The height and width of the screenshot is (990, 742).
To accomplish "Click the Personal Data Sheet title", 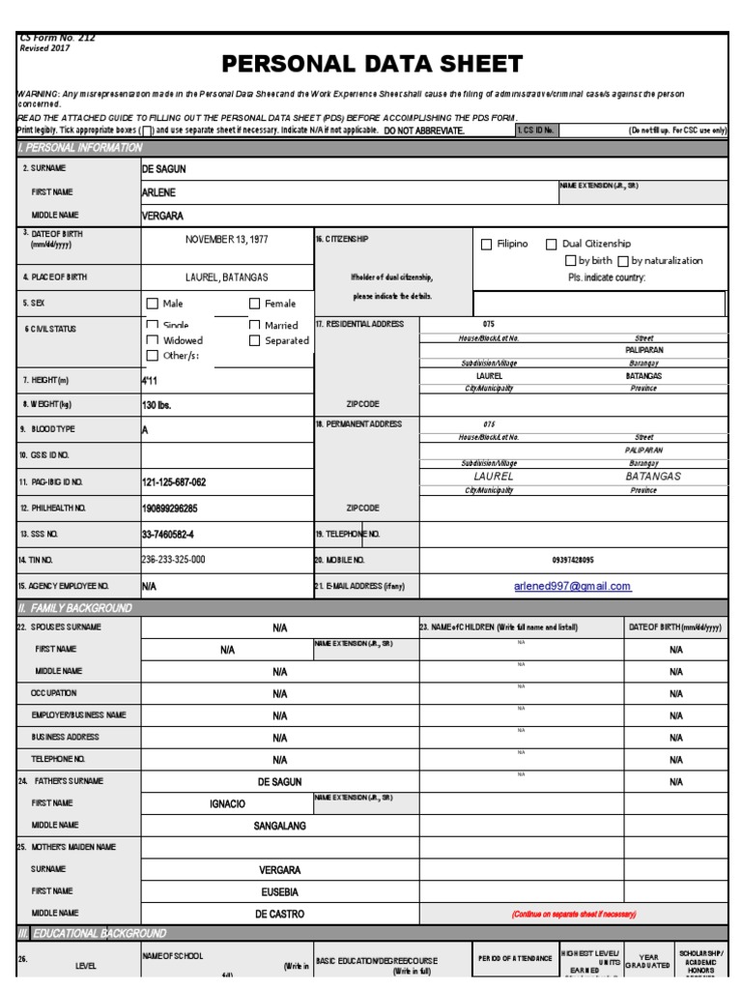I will (x=372, y=65).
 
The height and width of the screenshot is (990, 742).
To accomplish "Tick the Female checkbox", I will (x=255, y=304).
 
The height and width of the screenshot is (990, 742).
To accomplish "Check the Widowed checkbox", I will (x=153, y=340).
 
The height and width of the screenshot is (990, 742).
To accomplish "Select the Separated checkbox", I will (x=255, y=340).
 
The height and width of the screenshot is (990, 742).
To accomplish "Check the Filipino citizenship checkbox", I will (x=487, y=245).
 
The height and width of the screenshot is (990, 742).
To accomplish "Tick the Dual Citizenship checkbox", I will (x=552, y=245).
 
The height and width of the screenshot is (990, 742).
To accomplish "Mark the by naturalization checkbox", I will (x=623, y=261).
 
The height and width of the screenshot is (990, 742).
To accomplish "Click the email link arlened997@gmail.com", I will (x=573, y=586).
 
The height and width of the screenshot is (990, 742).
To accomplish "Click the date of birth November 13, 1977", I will (x=228, y=239).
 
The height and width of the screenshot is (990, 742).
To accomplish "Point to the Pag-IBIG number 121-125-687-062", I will (x=174, y=481).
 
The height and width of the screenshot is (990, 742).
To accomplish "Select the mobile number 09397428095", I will (x=573, y=560).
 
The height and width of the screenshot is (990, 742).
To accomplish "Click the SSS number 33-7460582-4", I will (x=168, y=534).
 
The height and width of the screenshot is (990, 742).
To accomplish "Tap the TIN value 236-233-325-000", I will (x=174, y=560).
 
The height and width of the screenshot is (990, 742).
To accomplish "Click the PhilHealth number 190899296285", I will (x=170, y=508).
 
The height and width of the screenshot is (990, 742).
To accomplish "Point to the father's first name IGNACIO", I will (x=227, y=804).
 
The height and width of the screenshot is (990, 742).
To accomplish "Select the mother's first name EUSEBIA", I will (x=280, y=891).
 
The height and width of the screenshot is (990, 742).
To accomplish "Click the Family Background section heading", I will (x=81, y=608).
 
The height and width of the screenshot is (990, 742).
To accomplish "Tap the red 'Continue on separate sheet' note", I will (x=573, y=914).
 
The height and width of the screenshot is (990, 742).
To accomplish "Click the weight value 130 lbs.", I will (x=157, y=405).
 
